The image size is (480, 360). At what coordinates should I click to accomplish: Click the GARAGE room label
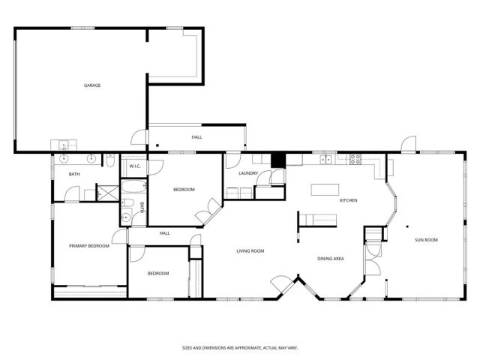coord(91,85)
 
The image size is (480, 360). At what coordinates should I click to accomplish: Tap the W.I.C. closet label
coord(136,166)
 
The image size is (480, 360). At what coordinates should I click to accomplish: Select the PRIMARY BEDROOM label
coord(89,246)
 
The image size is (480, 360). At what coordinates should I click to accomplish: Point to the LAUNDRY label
coord(248,173)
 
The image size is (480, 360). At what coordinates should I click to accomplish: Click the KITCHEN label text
coord(348,200)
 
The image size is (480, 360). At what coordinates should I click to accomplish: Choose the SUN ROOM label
coord(426,240)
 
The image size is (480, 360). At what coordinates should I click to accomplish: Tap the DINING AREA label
coord(330,259)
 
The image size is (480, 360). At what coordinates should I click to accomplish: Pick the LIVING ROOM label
coord(248,250)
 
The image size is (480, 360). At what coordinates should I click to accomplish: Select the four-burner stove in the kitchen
coord(354,158)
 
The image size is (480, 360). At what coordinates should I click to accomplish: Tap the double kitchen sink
coord(327,158)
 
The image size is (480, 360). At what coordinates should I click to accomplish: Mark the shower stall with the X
coord(110,191)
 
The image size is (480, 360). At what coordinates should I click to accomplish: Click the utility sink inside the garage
coord(61,145)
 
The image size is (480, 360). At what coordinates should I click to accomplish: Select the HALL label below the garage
coord(196,137)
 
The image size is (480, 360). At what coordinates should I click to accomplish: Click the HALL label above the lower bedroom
coord(164,233)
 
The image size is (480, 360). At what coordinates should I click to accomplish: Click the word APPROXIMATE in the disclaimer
coord(238,348)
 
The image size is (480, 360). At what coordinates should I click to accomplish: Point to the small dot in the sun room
coord(407,226)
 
